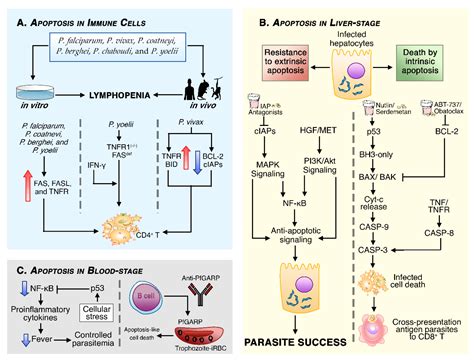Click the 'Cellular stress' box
click(104, 297)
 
